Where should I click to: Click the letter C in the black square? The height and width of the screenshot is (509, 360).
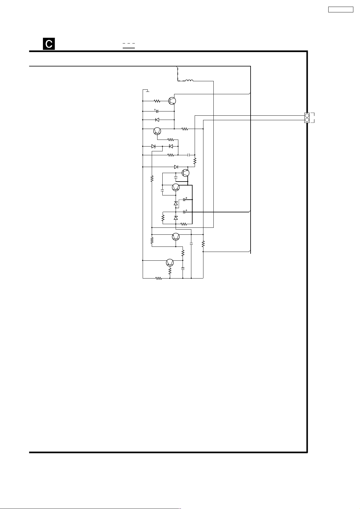tap(49, 44)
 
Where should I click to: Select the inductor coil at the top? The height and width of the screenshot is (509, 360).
tap(189, 81)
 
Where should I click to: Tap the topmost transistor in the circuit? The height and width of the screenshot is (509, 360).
tap(172, 101)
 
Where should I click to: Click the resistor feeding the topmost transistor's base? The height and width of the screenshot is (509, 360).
tap(157, 101)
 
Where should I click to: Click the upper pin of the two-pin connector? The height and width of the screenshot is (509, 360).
tap(307, 115)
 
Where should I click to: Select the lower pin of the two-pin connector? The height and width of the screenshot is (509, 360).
tap(307, 120)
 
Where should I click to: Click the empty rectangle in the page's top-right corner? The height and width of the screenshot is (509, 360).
tap(341, 9)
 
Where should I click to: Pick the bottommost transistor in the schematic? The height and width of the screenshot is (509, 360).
tap(170, 263)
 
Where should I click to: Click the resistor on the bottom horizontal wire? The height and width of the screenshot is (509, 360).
tap(158, 278)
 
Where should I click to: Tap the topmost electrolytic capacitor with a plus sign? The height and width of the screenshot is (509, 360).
tap(157, 111)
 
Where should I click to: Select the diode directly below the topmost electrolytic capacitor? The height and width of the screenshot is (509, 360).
tap(157, 120)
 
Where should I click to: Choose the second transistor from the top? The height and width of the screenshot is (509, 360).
tap(157, 131)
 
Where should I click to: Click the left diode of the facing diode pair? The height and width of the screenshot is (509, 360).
tap(153, 146)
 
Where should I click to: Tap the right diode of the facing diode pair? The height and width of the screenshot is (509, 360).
tap(171, 146)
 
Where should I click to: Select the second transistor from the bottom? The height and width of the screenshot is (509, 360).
tap(176, 237)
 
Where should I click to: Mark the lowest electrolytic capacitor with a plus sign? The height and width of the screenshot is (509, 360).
tap(185, 212)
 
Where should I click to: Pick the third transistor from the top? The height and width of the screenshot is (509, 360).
tap(186, 173)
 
